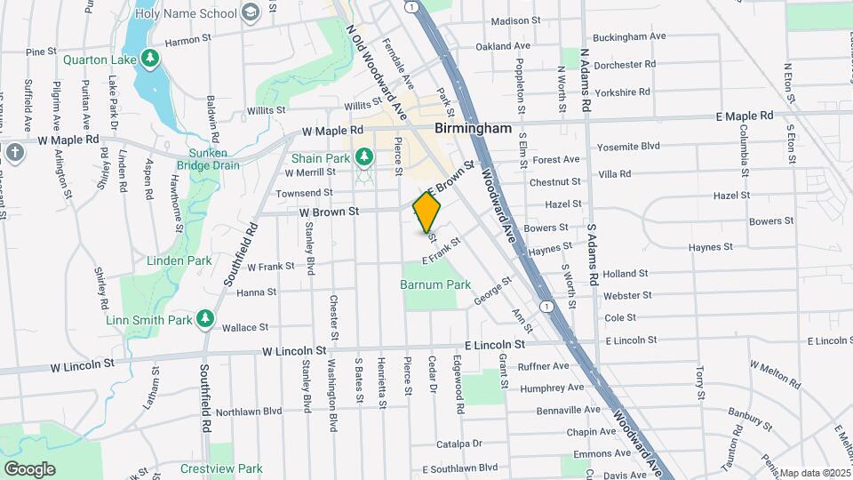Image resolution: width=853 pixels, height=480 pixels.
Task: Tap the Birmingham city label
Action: coord(473,128)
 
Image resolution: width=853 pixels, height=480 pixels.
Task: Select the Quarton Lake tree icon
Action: coord(151,59)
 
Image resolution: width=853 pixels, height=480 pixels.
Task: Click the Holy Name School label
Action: coord(187,13)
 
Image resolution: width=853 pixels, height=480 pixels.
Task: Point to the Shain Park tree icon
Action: coord(363,157)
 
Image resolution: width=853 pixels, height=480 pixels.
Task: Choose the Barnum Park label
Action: coord(434,285)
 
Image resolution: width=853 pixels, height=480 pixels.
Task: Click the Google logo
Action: coord(29,468)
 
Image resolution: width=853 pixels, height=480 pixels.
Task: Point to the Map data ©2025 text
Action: coord(815,473)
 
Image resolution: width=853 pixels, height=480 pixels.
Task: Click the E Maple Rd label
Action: coord(745,116)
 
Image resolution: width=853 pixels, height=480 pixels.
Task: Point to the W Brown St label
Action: coord(328,212)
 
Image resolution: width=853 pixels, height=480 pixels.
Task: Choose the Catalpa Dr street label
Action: coord(458,443)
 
